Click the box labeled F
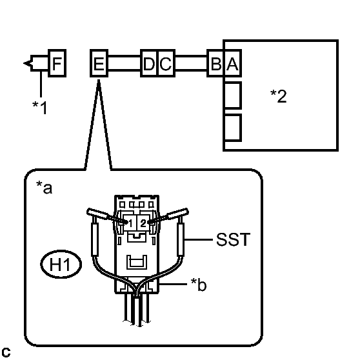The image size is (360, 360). coord(57,63)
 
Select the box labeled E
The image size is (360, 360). coord(99,63)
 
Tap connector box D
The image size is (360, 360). coord(149,63)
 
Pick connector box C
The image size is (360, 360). coord(166,63)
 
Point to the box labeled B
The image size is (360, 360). coord(215,63)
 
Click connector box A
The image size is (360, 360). coord(232,63)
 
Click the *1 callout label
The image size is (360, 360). coord(40,107)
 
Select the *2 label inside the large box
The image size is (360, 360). coord(279,96)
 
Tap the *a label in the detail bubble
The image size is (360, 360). coord(45,188)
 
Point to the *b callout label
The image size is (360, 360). coord(199,285)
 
